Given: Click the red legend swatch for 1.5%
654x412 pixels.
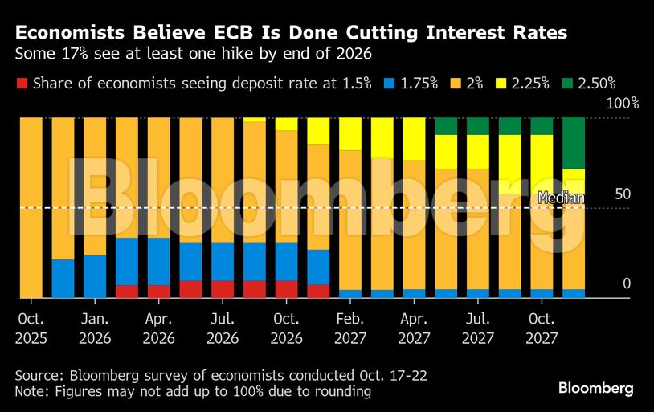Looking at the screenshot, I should pos(22,82).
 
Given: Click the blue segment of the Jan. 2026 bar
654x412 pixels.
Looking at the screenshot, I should pos(95,276).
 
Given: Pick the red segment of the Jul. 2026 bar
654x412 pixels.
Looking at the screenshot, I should pos(223,289).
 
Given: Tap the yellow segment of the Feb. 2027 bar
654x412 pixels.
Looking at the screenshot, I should pos(350,133).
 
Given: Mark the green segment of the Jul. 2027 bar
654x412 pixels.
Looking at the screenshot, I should pos(478,125).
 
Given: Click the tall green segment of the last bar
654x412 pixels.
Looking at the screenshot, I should pos(574,143).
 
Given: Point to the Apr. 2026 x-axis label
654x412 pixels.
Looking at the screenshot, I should pos(158,328).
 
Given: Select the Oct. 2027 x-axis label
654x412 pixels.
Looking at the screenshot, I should pos(542,328).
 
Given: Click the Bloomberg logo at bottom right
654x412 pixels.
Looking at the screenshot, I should pos(595,388).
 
